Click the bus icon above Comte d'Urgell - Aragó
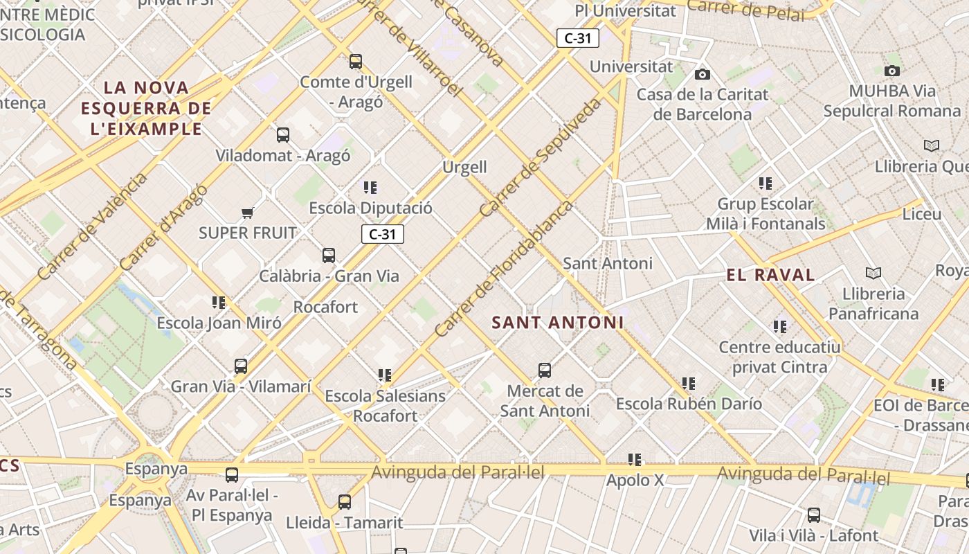356,62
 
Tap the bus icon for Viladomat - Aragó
283,135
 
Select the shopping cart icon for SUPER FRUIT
247,213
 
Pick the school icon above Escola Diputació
370,188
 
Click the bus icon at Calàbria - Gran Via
329,256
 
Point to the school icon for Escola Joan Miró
219,303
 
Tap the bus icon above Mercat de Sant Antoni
545,370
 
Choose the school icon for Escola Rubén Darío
689,384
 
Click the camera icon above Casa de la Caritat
703,75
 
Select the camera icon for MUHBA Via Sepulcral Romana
892,71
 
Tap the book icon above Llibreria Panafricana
873,274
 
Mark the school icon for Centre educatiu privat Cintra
780,326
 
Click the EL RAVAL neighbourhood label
770,275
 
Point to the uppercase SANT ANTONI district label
558,323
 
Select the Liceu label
922,214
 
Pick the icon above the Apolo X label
635,460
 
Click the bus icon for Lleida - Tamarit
345,502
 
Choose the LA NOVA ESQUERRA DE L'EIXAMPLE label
146,108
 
